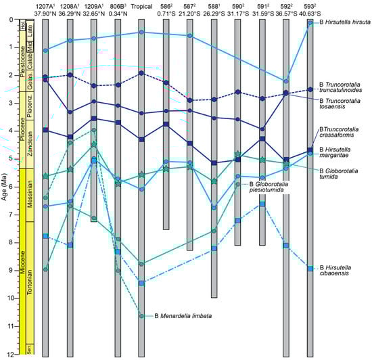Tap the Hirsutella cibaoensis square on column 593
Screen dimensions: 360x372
tap(310, 269)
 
